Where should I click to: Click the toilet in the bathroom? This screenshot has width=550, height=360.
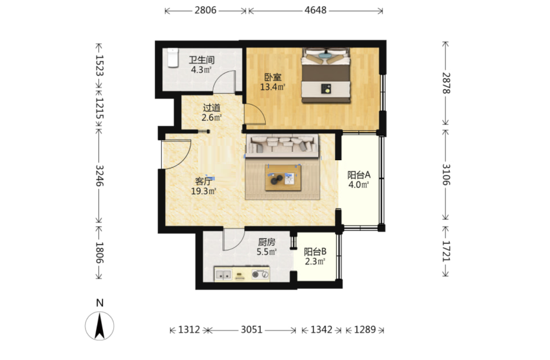(173, 58)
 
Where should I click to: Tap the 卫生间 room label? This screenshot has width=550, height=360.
(202, 60)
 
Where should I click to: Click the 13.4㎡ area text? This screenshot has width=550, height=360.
(273, 87)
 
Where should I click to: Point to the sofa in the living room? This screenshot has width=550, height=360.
(282, 146)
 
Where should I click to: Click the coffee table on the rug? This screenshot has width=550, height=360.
(283, 178)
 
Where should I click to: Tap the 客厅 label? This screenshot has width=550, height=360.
(204, 181)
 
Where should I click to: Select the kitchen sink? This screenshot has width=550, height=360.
(223, 274)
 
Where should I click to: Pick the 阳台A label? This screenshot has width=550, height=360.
(359, 175)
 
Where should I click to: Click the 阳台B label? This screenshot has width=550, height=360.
(315, 252)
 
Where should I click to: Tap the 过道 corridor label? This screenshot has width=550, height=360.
(212, 108)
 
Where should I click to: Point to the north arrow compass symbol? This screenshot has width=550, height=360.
(99, 326)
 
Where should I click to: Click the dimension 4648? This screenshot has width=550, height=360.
(316, 10)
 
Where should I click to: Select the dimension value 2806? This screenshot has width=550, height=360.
(206, 10)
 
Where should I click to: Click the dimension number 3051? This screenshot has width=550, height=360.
(252, 330)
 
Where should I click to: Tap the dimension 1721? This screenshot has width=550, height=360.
(446, 251)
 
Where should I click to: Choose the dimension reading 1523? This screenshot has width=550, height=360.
(99, 66)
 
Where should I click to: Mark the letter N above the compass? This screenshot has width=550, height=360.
(100, 303)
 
